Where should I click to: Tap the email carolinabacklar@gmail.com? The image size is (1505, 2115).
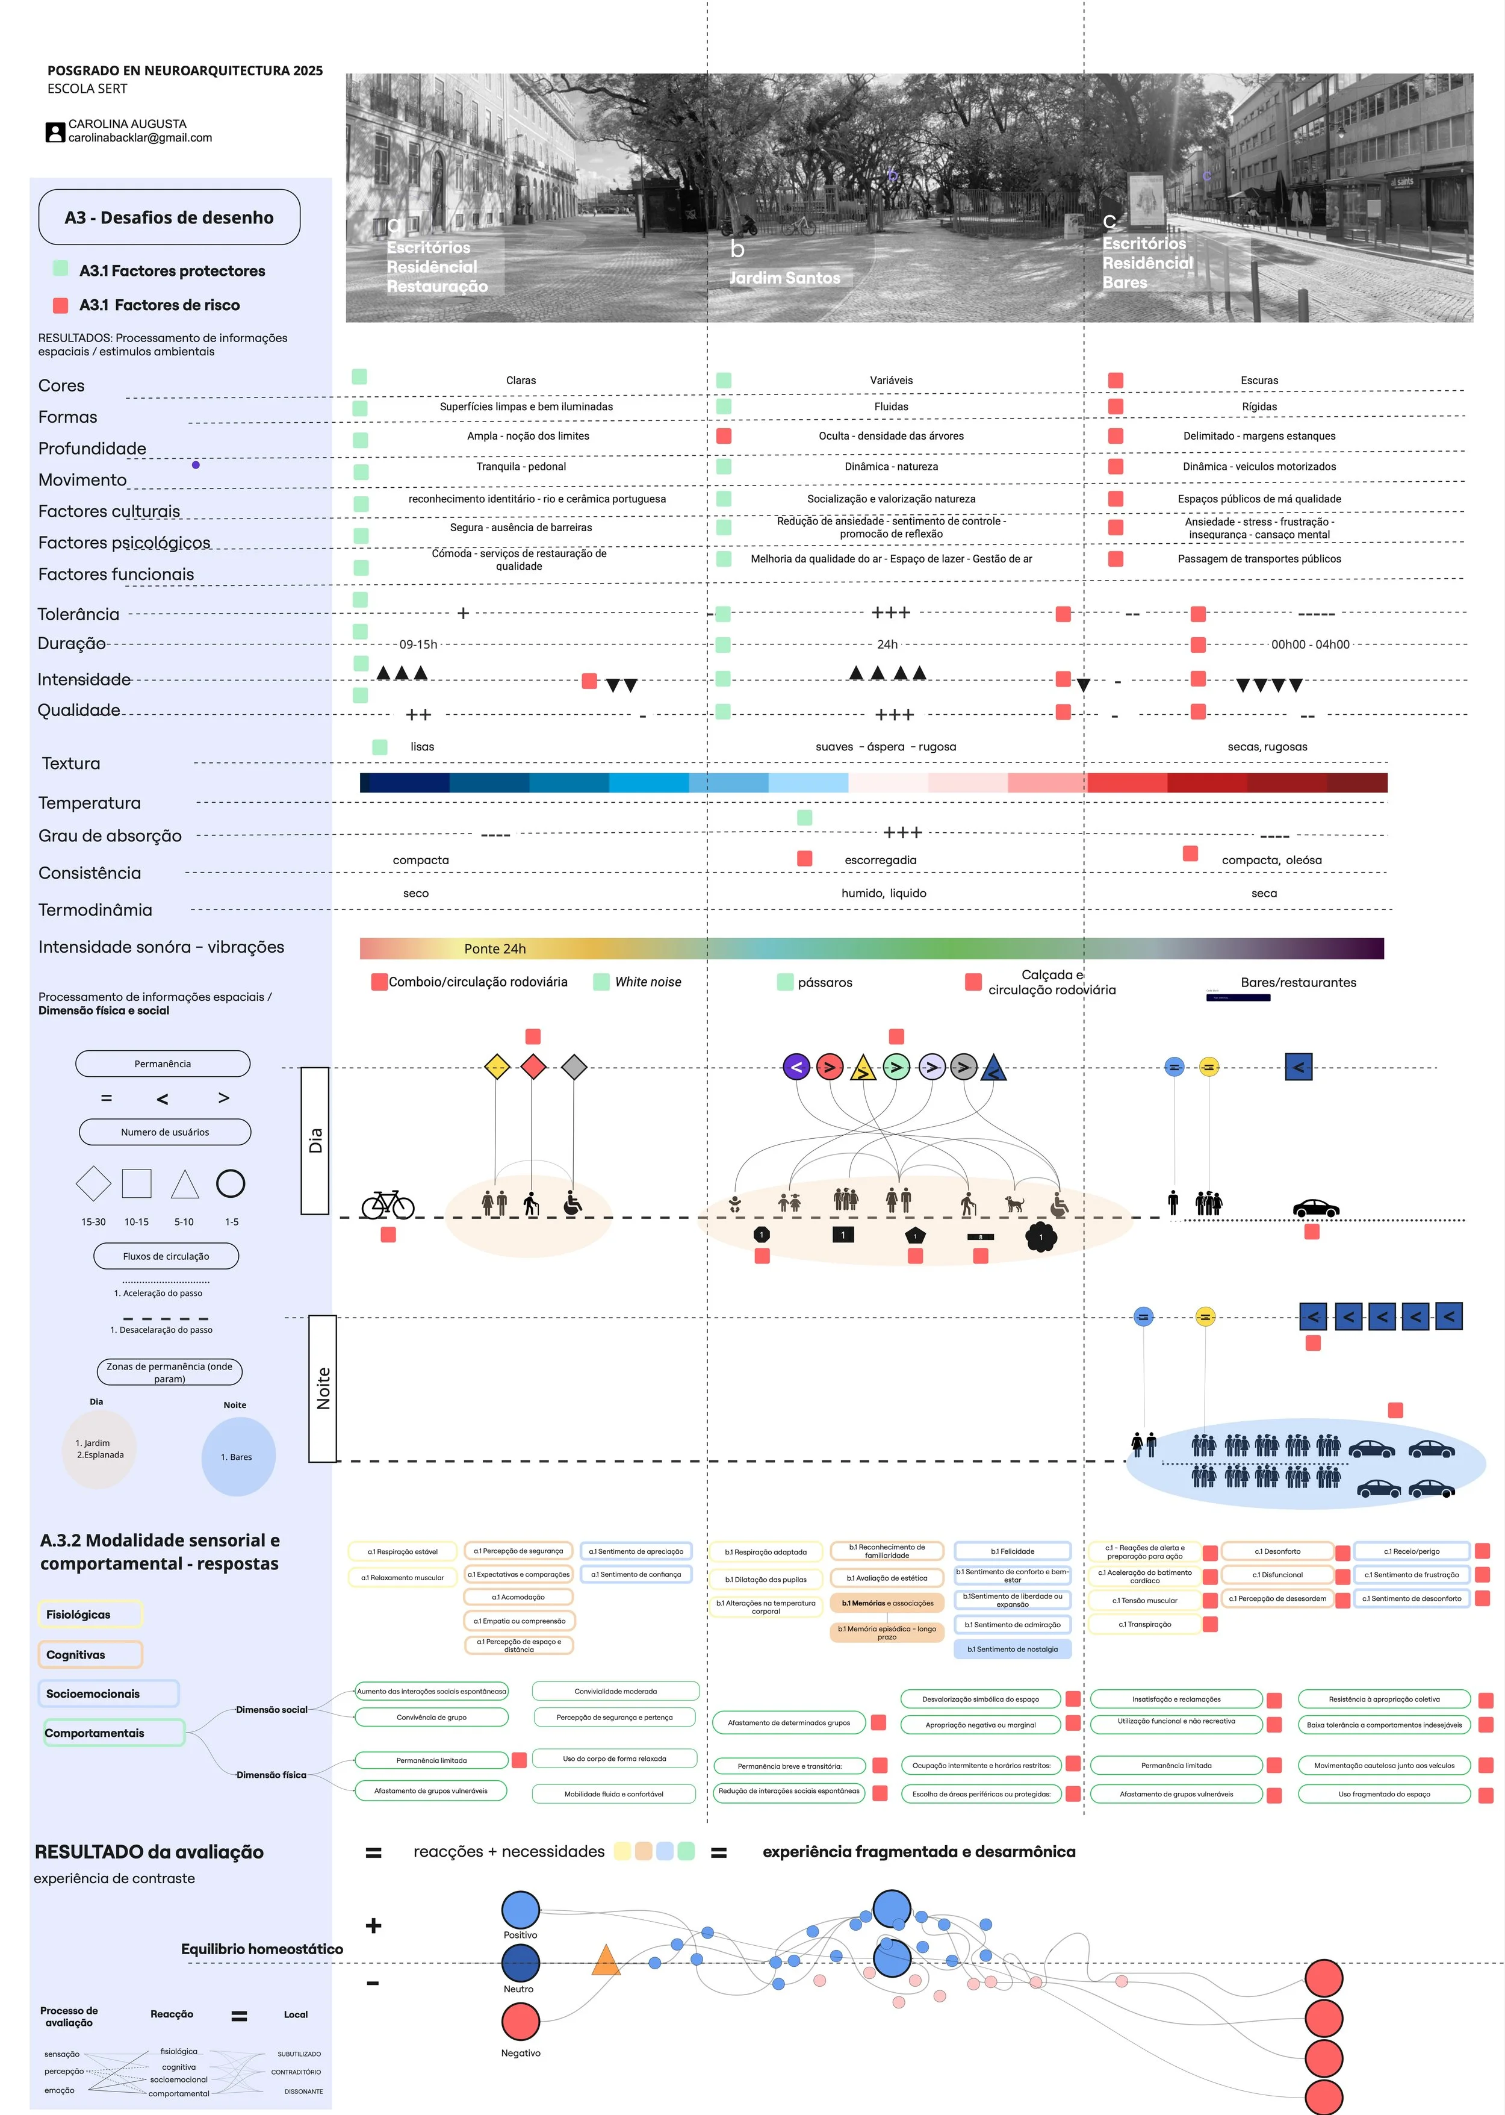(x=140, y=138)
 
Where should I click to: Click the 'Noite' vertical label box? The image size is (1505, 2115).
(x=323, y=1388)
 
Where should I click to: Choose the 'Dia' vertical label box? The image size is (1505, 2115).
(x=315, y=1140)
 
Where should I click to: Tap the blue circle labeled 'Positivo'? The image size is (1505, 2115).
(x=521, y=1909)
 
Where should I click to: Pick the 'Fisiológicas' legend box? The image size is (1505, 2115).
(x=90, y=1613)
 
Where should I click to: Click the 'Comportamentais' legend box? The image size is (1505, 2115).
(x=111, y=1732)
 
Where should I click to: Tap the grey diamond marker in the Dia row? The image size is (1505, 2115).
(x=574, y=1067)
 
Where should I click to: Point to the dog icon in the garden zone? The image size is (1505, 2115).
(x=1016, y=1204)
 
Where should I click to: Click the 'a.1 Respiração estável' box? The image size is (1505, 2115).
(x=402, y=1551)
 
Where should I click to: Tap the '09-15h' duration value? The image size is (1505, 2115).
(x=418, y=644)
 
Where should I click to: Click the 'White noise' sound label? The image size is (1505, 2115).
(x=648, y=982)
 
